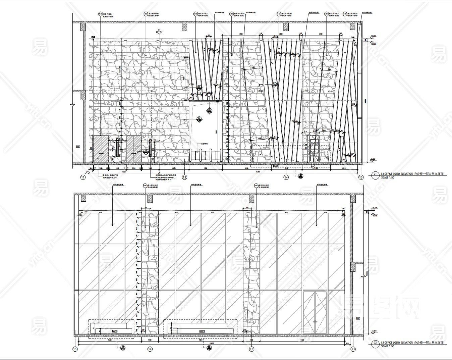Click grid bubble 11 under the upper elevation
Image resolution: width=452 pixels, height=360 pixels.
coord(83,177)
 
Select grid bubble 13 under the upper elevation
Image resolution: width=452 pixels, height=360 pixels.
coord(184,177)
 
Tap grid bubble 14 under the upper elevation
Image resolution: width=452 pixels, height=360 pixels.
coord(286,177)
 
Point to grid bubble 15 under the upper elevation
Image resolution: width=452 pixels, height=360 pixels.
coord(361,177)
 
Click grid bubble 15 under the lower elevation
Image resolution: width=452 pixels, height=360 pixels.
coord(75,349)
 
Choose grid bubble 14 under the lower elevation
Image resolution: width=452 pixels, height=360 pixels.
coord(150,349)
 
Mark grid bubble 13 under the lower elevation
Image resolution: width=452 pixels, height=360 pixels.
coord(251,349)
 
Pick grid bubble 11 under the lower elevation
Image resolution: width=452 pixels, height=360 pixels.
coord(353,349)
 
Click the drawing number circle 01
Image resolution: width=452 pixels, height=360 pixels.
coord(375,174)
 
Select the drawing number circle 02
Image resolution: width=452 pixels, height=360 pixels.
coord(375,343)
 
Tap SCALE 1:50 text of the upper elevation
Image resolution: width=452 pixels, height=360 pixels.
coord(388,177)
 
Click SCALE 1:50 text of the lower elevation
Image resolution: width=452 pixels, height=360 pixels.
coord(388,346)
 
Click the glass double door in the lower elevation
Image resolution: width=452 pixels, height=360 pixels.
coord(315,312)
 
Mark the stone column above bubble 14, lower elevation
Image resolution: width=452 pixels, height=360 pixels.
coord(150,273)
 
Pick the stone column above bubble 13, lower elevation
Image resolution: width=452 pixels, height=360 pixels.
coord(251,273)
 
